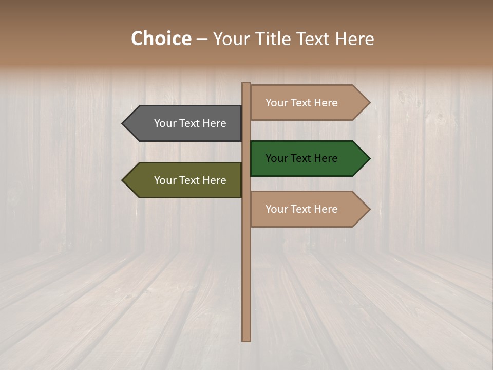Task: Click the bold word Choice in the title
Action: (x=161, y=39)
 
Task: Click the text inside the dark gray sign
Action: (x=190, y=123)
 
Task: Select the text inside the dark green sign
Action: (x=301, y=158)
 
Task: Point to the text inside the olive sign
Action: (x=190, y=180)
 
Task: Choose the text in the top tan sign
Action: (x=301, y=103)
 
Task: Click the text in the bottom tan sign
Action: (x=301, y=209)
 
